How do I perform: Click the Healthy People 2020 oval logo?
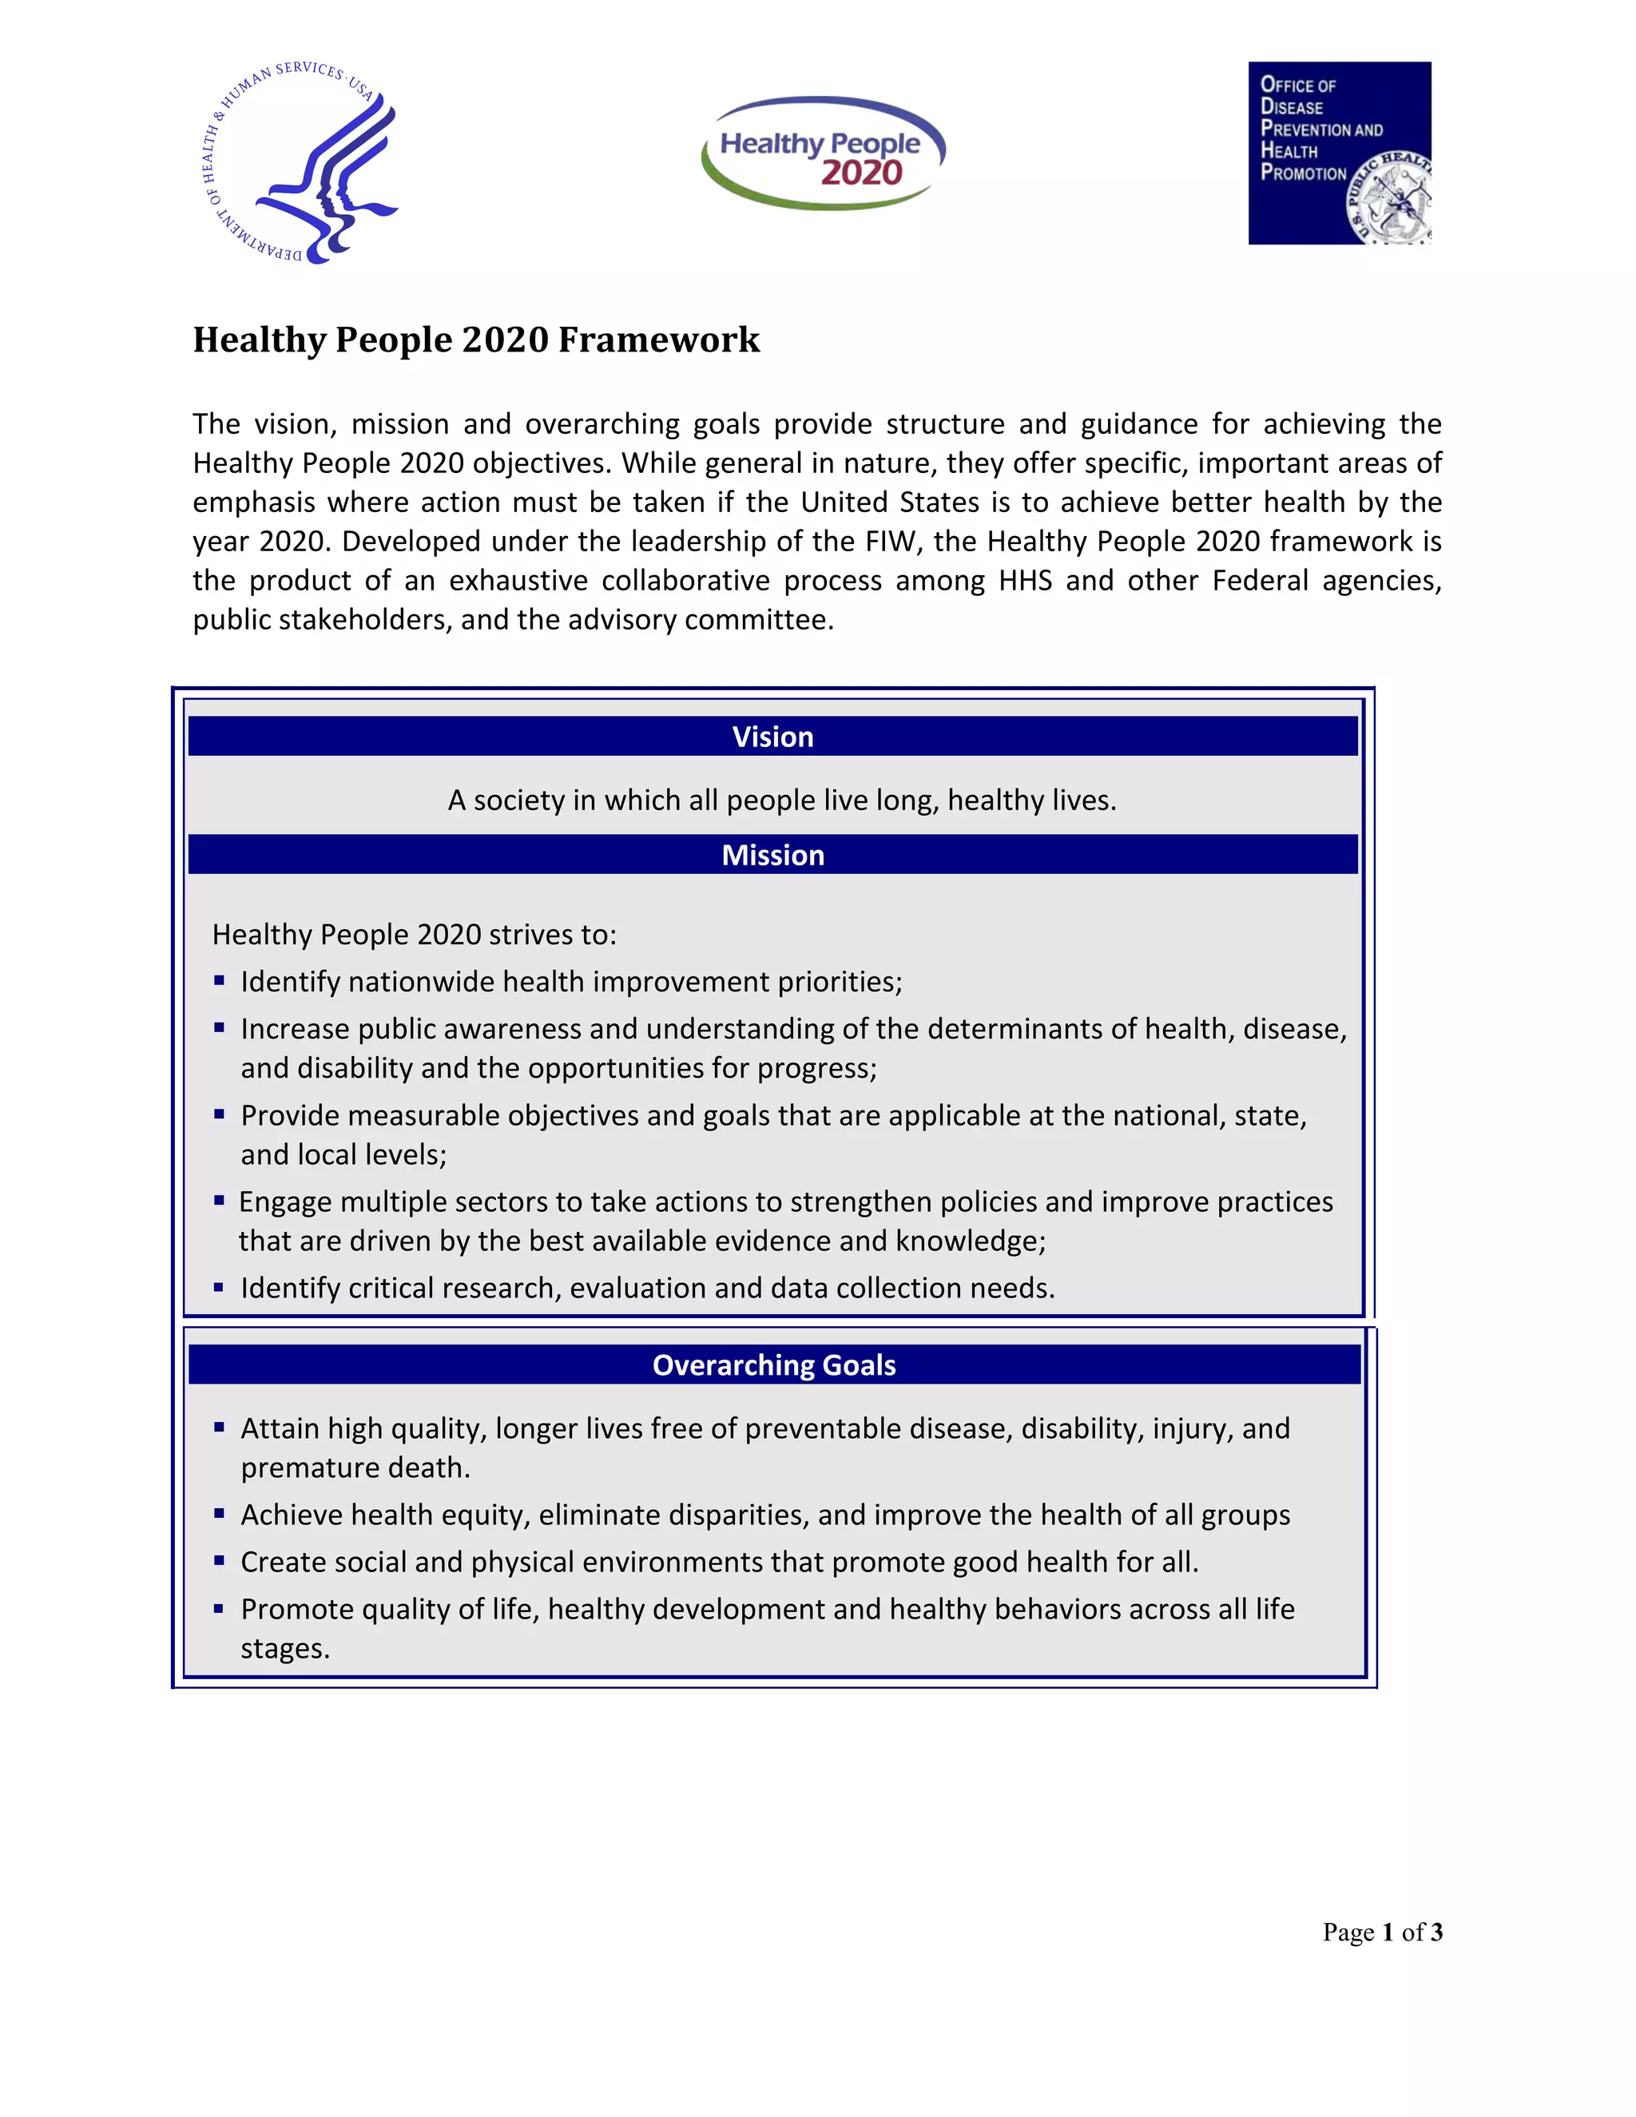click(823, 153)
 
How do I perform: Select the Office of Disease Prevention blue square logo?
click(1339, 153)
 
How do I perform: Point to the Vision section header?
click(772, 737)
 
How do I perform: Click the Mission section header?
click(772, 855)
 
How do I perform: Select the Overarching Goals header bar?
click(773, 1364)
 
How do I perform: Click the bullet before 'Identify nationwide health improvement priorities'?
click(219, 981)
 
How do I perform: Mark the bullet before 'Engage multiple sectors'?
click(219, 1200)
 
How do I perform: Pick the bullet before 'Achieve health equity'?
click(219, 1513)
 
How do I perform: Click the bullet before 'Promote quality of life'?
click(219, 1608)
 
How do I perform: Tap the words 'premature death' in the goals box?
click(355, 1468)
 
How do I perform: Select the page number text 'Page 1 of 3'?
click(1382, 1932)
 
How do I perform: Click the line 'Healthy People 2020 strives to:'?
click(414, 935)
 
